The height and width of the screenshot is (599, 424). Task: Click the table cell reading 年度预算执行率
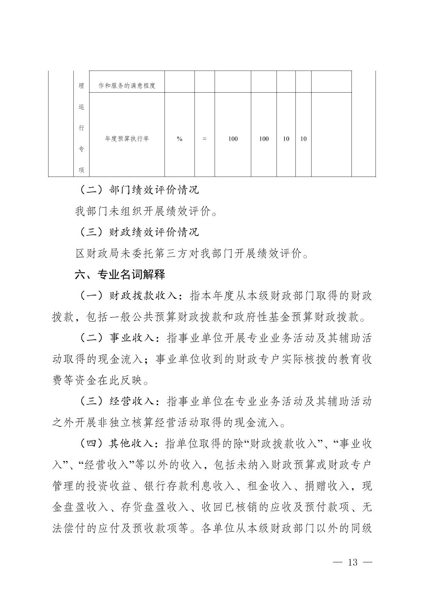[x=127, y=139]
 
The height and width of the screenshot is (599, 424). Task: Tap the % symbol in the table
[x=179, y=139]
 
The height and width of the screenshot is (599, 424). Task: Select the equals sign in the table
[x=204, y=139]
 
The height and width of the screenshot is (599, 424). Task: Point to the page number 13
[x=353, y=562]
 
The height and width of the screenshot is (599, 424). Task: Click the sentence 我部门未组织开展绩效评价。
[x=146, y=212]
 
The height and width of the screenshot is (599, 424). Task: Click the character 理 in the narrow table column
[x=81, y=86]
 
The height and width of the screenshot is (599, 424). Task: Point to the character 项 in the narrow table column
[x=81, y=170]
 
